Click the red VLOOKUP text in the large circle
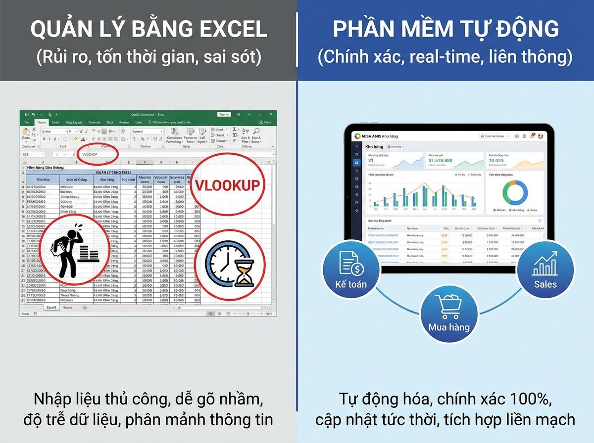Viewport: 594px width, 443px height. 227,185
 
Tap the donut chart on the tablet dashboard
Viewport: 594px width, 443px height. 515,192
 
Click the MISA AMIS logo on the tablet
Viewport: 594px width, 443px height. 359,136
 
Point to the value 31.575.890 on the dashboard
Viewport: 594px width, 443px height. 441,161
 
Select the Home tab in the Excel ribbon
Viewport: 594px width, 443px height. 42,122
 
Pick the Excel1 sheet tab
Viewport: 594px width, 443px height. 51,308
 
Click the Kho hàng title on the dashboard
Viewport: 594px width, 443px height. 374,147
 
